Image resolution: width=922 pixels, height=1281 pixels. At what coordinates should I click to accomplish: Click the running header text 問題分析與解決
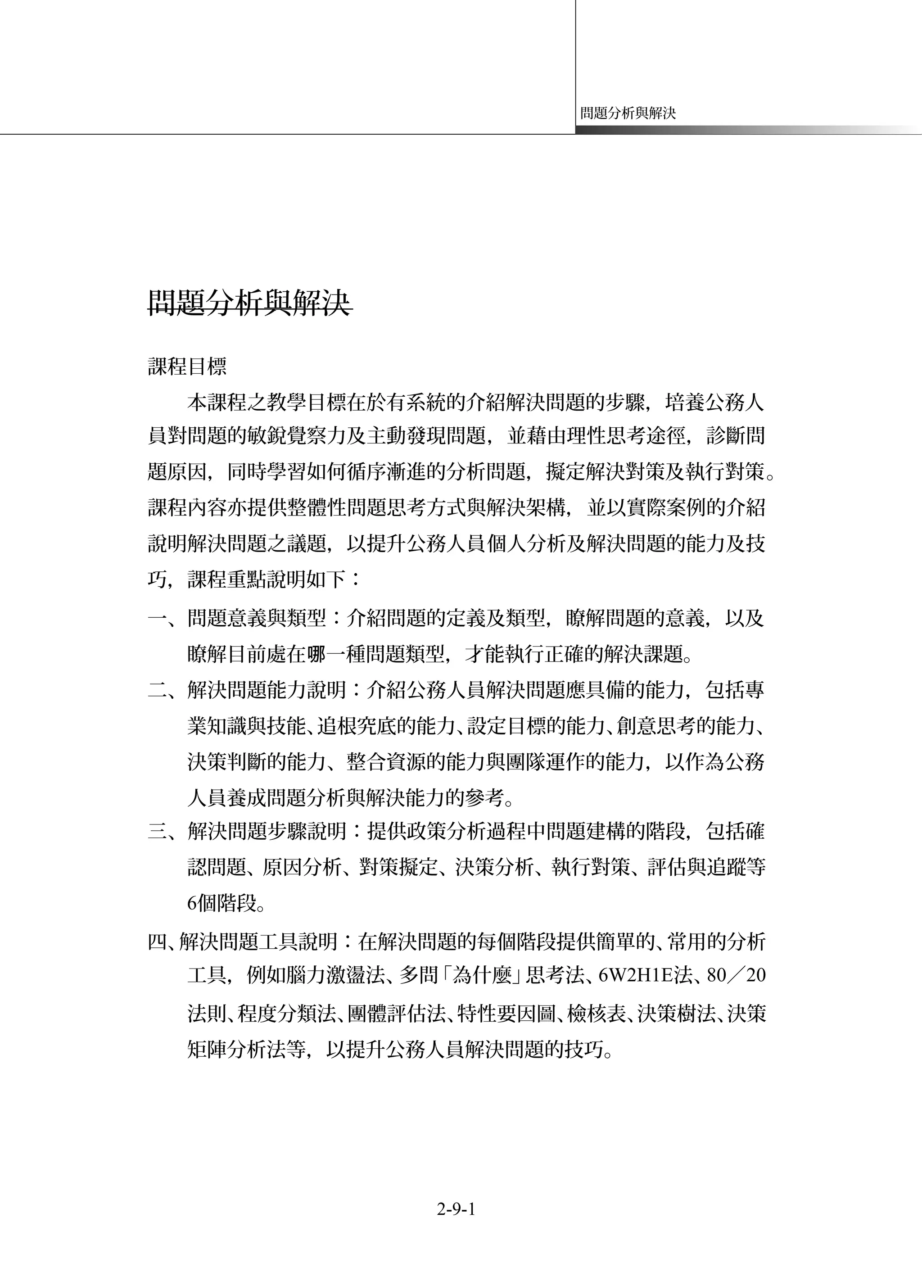[628, 113]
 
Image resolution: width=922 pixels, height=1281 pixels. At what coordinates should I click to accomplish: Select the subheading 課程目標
[187, 367]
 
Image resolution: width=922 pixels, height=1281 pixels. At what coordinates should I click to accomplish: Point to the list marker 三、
[167, 831]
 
